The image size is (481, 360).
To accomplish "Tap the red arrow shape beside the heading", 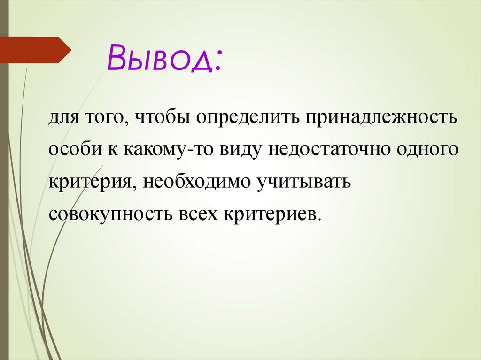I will tap(35, 50).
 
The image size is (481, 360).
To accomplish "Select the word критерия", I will tap(89, 182).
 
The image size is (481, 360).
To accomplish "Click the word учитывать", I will tap(303, 182).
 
